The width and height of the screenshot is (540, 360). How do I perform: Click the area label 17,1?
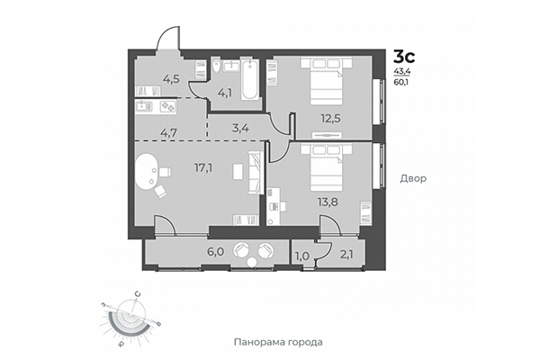click(202, 166)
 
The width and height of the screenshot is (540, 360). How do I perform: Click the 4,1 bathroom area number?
click(225, 91)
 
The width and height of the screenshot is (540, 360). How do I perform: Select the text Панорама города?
click(277, 343)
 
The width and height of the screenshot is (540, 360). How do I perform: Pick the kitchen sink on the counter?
click(144, 106)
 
